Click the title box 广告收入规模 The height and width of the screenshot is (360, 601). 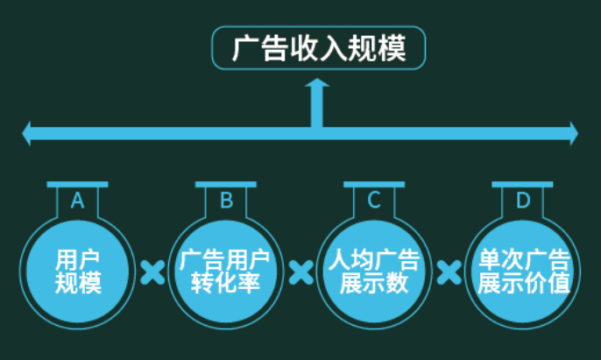(319, 48)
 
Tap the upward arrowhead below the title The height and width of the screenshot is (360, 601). (317, 85)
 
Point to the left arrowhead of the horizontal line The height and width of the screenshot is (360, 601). (28, 134)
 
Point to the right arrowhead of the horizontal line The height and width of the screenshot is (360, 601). (573, 134)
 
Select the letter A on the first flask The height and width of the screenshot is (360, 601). (77, 201)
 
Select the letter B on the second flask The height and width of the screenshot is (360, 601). (226, 201)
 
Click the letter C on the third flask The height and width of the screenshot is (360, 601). (374, 201)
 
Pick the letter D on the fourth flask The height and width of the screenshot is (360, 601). (523, 201)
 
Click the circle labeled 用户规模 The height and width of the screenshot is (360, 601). (78, 271)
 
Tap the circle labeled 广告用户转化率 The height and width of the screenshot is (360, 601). (226, 271)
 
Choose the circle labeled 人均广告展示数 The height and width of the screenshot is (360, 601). (374, 271)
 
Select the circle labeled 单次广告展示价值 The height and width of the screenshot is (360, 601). (523, 271)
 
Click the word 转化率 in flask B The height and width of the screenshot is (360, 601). (226, 283)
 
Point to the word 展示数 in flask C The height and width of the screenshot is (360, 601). (374, 283)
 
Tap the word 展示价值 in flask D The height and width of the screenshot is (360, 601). (523, 283)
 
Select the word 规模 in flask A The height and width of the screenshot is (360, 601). (78, 283)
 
